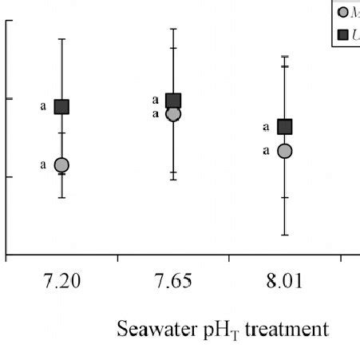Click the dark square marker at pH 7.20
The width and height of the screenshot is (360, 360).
61,106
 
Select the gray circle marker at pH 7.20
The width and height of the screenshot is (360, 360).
61,165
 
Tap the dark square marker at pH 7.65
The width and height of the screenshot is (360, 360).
173,101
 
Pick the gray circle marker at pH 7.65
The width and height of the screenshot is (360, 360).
173,114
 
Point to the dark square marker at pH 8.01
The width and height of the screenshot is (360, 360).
284,126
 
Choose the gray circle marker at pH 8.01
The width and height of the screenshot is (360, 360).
284,151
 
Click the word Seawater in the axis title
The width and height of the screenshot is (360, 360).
149,329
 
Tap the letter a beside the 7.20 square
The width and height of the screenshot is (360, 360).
43,106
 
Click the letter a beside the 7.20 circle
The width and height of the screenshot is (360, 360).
43,165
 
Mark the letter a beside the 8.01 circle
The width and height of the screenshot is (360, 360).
267,151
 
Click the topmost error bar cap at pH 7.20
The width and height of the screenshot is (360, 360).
61,38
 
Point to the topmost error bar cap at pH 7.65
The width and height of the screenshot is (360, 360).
173,28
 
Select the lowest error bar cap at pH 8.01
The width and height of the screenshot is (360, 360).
284,235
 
